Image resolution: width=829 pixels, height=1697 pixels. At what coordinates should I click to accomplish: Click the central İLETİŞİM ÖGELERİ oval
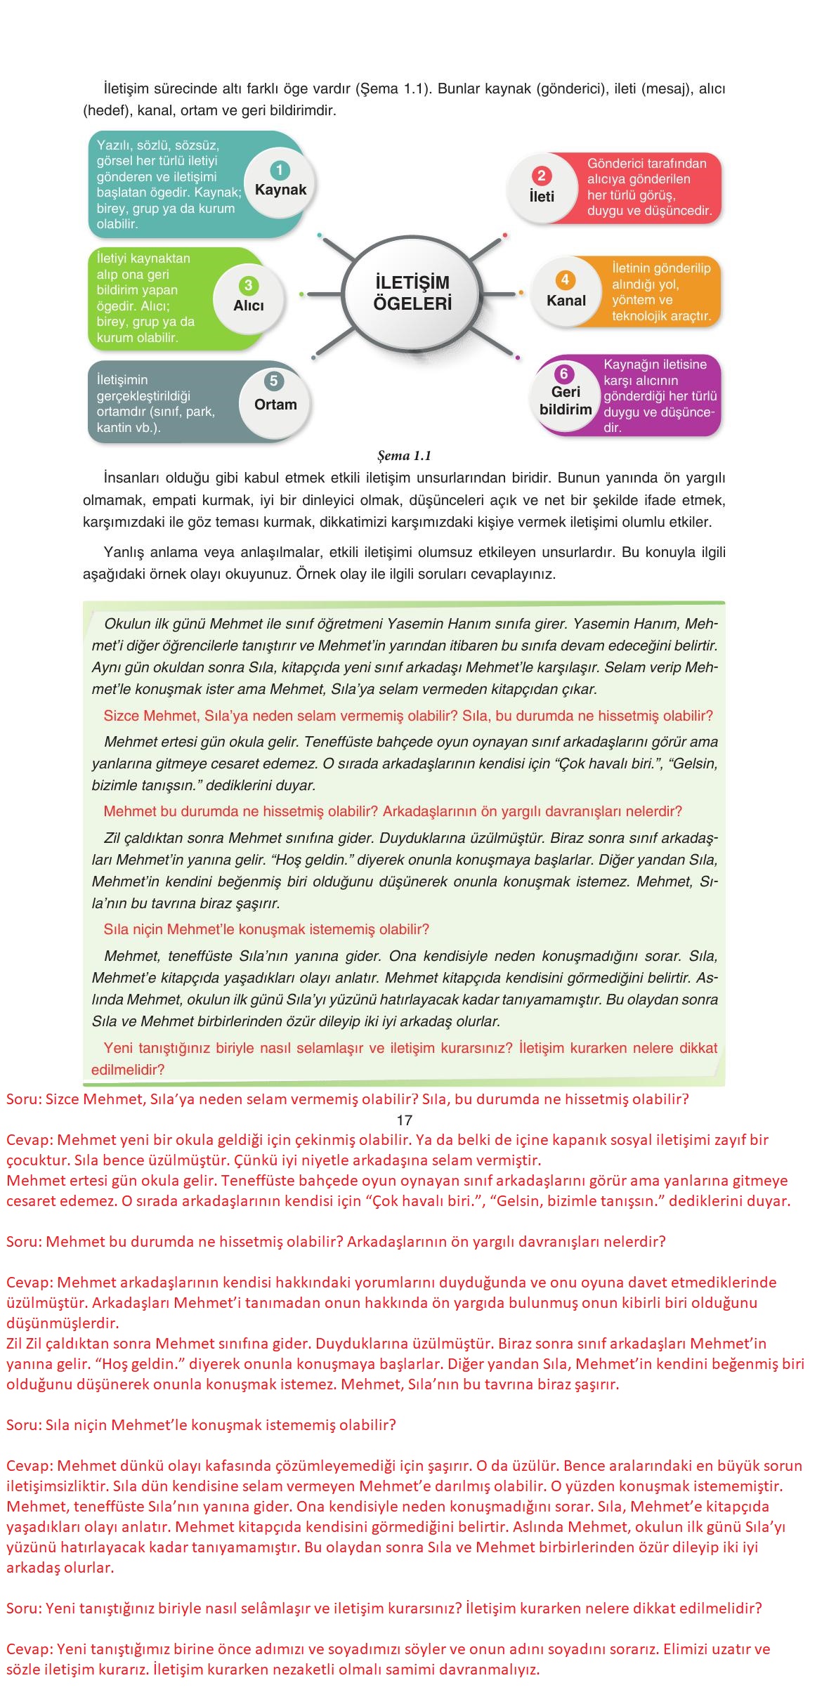[x=412, y=294]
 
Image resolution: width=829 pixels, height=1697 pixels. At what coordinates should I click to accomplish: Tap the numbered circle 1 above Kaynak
[x=280, y=170]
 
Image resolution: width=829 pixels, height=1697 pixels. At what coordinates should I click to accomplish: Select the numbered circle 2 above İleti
[x=541, y=176]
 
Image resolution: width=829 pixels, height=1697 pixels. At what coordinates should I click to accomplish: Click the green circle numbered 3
[x=248, y=285]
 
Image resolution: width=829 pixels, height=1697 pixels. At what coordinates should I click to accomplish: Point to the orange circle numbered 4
[x=565, y=280]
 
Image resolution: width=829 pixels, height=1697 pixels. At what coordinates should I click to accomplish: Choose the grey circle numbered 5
[x=273, y=381]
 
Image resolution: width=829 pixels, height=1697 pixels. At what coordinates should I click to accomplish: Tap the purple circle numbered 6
[x=563, y=374]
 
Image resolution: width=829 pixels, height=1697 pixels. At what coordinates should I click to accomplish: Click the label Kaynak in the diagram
[x=280, y=190]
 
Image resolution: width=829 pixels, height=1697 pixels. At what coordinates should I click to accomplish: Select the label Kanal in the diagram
[x=566, y=301]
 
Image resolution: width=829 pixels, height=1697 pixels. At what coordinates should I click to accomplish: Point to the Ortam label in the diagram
[x=275, y=405]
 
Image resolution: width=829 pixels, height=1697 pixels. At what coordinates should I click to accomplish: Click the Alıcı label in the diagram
[x=249, y=306]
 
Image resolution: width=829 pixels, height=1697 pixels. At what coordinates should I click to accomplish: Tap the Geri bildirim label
[x=566, y=400]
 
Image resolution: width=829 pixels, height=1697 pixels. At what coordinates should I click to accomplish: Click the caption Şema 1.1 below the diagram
[x=404, y=456]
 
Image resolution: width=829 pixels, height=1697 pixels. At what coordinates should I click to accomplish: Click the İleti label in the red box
[x=542, y=197]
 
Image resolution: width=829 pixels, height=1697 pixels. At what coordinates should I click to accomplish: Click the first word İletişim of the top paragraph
[x=129, y=89]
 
